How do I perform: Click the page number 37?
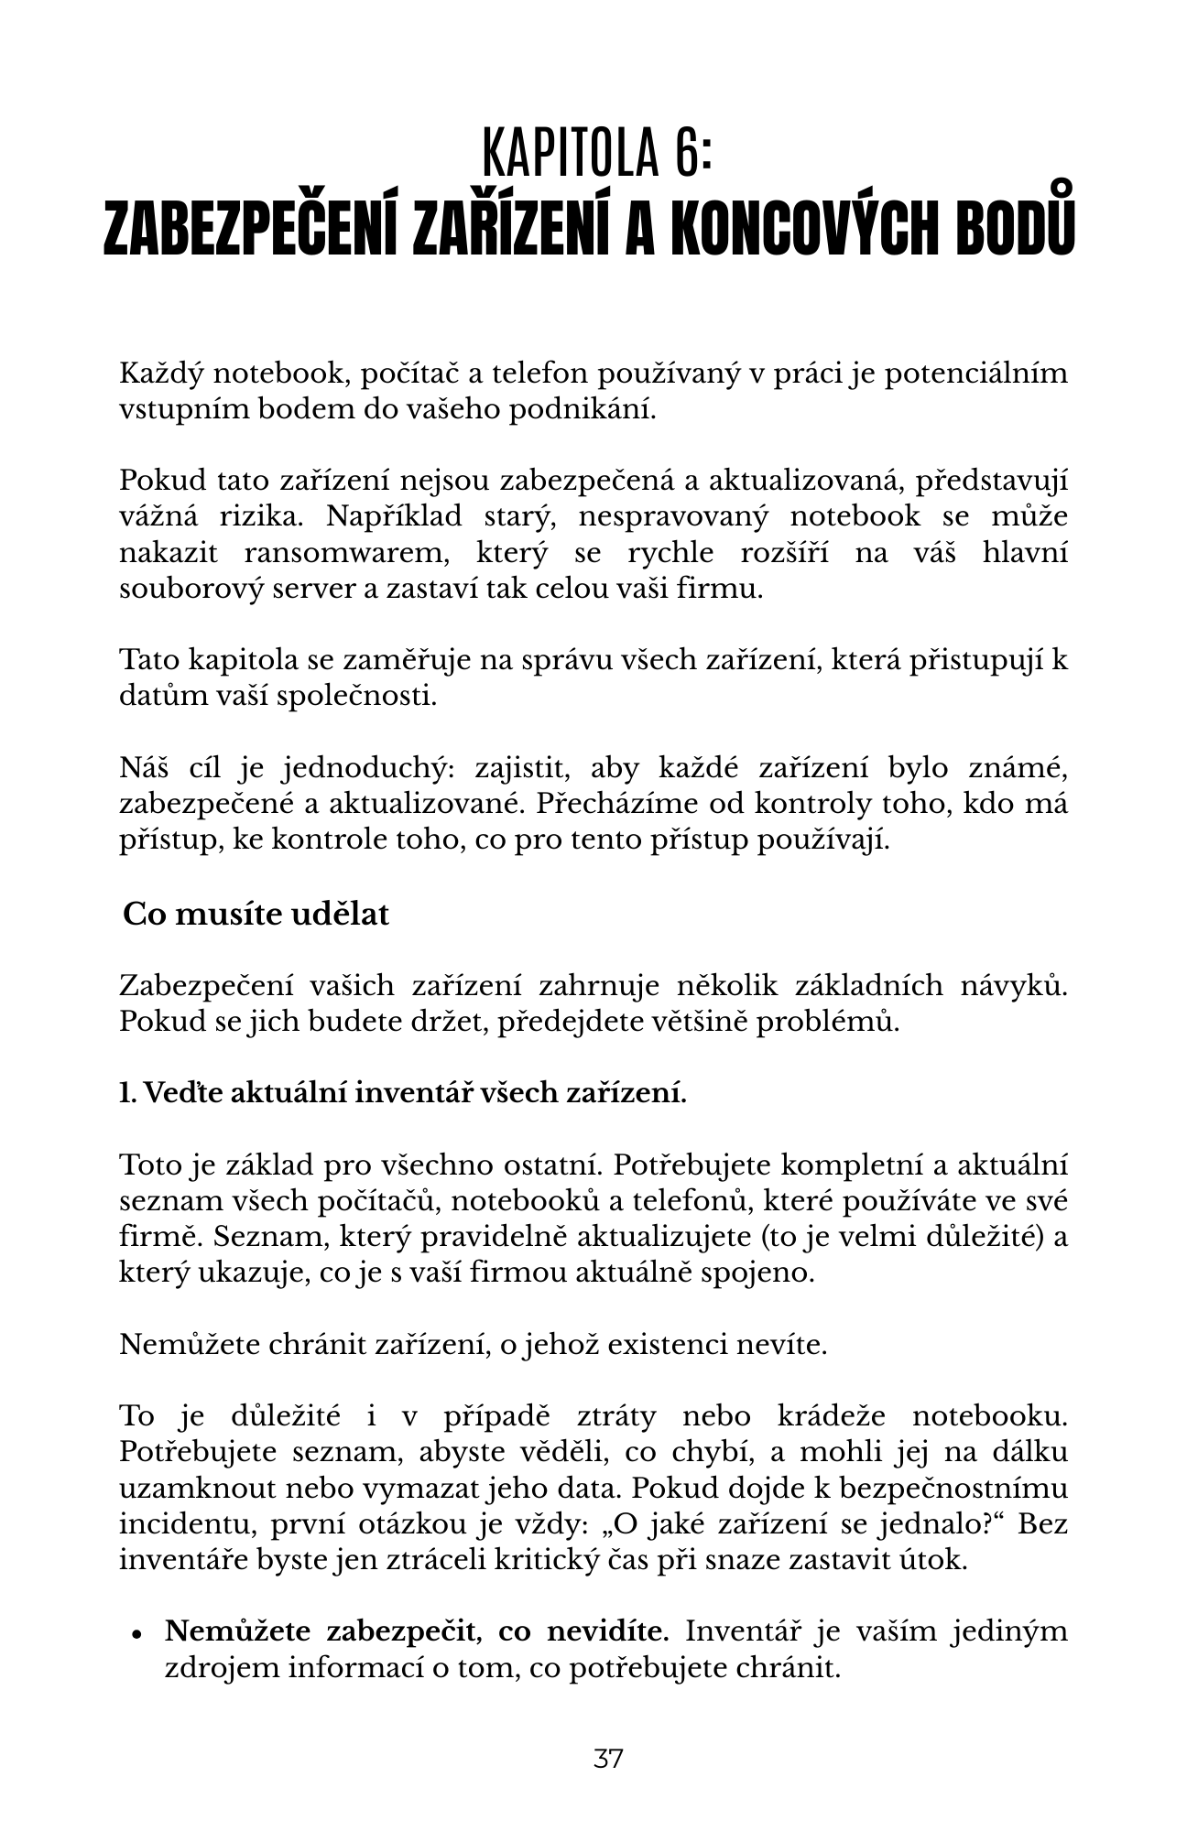pos(608,1759)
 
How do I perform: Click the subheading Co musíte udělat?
pos(256,914)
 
